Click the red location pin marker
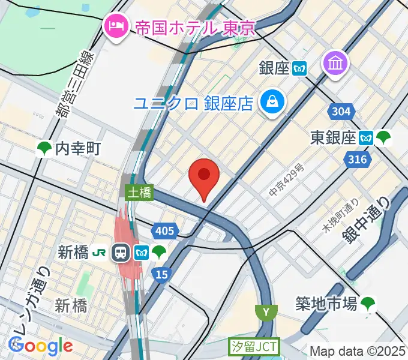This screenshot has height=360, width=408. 204,176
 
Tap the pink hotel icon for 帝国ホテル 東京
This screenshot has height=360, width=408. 114,26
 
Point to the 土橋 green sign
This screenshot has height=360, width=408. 139,193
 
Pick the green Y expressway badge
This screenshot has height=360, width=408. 266,312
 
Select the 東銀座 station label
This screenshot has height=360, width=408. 333,138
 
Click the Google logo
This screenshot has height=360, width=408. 41,345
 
